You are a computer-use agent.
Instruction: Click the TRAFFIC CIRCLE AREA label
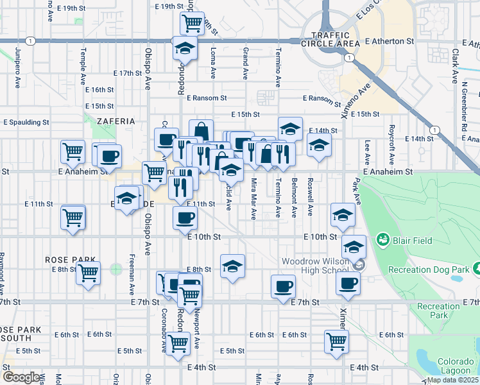point(334,39)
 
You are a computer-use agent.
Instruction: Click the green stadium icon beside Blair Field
point(384,241)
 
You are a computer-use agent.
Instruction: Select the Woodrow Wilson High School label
point(318,266)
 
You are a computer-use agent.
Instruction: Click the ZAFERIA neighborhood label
point(116,121)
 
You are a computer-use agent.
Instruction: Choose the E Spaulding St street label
point(26,121)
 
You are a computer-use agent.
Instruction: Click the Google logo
point(21,377)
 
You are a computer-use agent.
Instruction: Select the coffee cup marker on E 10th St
point(185,218)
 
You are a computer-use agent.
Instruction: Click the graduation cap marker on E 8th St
point(232,266)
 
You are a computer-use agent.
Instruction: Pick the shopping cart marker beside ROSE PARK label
point(88,273)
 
